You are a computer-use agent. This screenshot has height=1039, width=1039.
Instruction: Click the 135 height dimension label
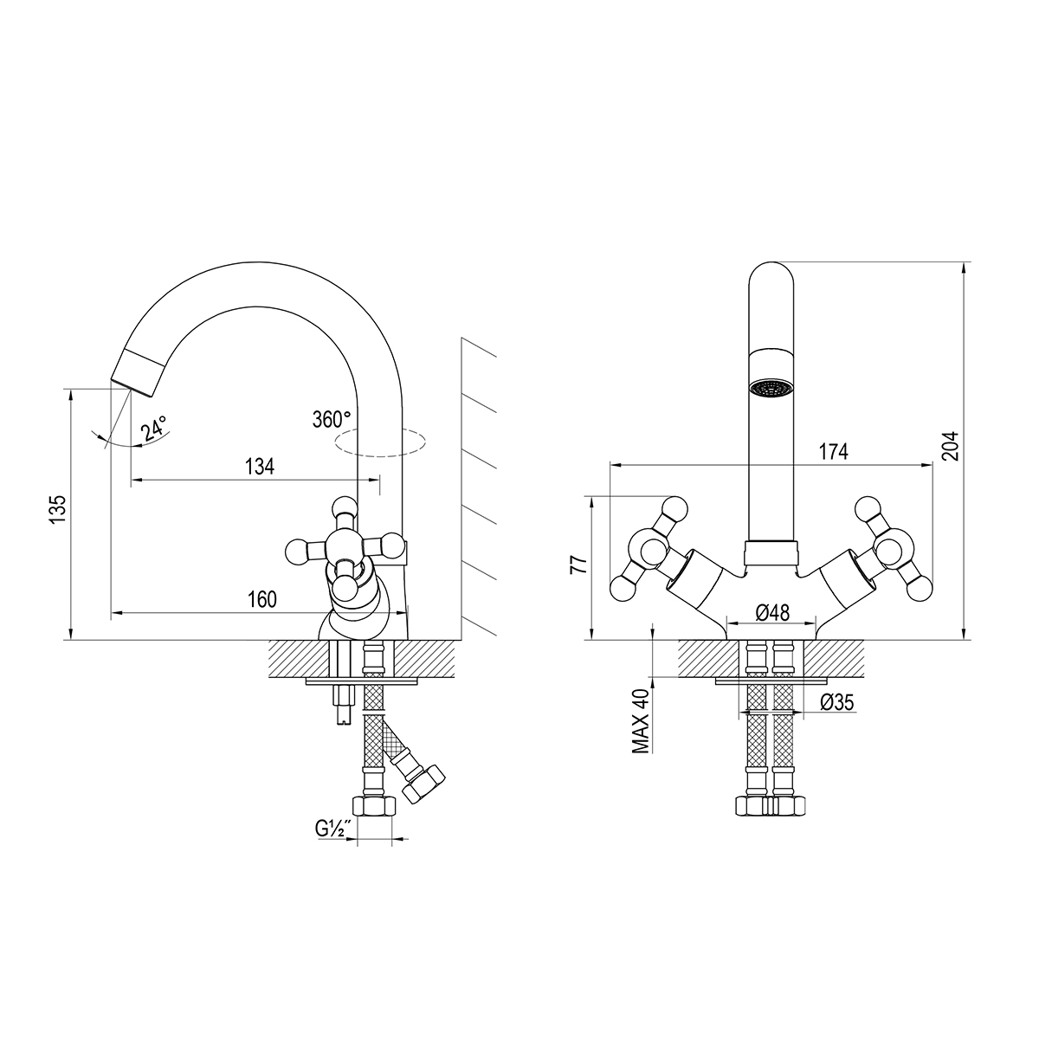[x=58, y=508]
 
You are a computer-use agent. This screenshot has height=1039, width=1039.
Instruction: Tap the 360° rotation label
[x=332, y=419]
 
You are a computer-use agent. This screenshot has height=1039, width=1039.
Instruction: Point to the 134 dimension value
[x=260, y=467]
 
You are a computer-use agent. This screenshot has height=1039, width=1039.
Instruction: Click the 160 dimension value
[x=262, y=599]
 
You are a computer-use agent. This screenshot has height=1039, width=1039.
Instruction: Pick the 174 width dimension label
[x=834, y=452]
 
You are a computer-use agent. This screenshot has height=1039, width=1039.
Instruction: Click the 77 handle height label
[x=578, y=565]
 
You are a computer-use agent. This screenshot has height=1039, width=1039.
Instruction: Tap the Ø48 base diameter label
[x=772, y=613]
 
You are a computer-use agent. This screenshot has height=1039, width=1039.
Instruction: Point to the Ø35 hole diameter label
[x=837, y=702]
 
